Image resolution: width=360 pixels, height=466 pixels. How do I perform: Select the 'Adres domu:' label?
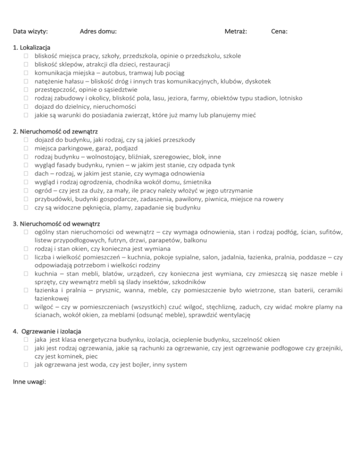(98, 32)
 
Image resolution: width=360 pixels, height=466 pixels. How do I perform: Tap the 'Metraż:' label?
(236, 32)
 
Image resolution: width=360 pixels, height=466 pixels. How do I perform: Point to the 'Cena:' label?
(280, 32)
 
